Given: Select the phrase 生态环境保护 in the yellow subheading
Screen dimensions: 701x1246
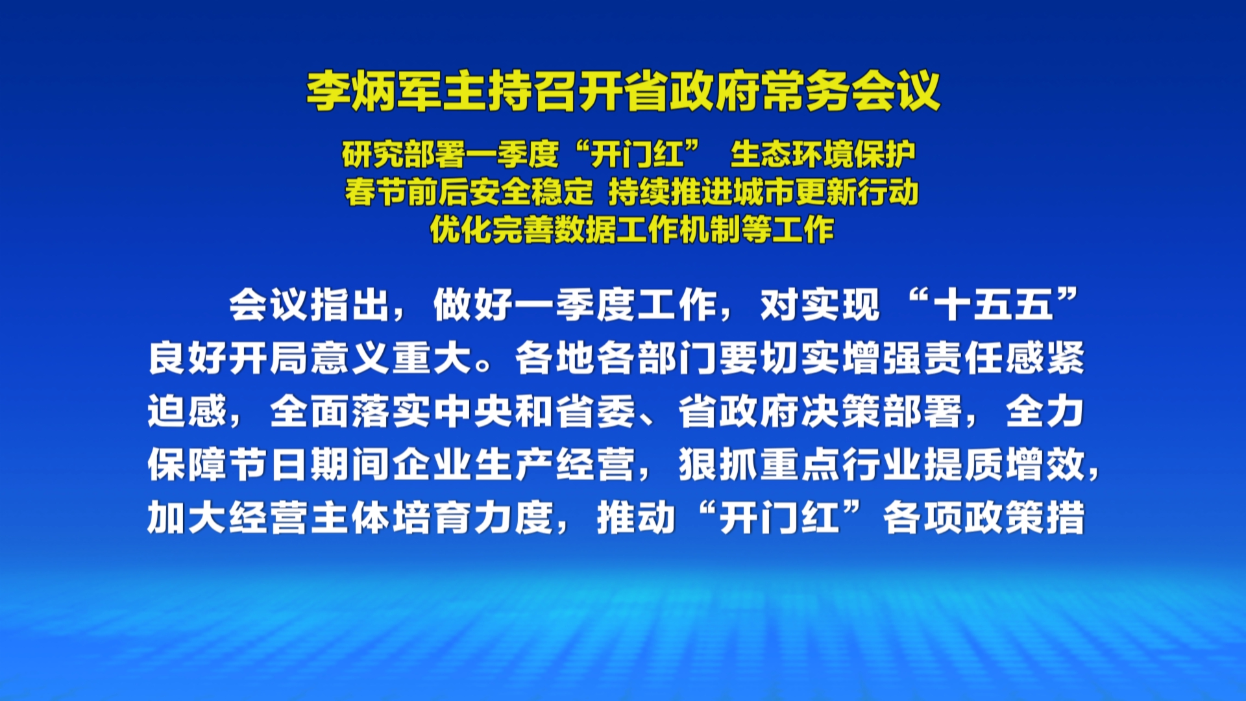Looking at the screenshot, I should (822, 154).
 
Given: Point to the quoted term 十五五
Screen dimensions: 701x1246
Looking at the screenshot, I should (992, 305).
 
